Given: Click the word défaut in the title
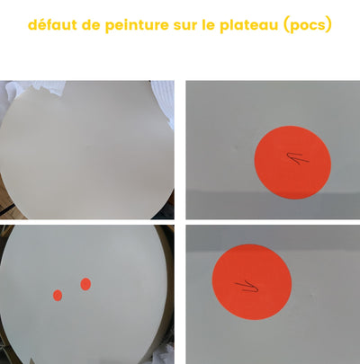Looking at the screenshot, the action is tap(52, 24).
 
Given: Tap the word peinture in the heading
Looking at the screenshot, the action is tap(137, 25).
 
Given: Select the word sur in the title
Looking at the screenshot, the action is tap(184, 26).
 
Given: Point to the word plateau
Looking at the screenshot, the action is tap(249, 25).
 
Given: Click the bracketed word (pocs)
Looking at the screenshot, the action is tap(308, 25).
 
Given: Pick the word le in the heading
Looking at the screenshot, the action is tap(208, 24).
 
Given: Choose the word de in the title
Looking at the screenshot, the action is tap(91, 24).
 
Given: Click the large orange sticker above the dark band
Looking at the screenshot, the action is tap(292, 163).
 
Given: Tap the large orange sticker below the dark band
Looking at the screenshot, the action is tap(252, 282).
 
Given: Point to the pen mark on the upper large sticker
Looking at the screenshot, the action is tap(298, 158).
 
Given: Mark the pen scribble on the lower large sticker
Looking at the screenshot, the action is tap(247, 286).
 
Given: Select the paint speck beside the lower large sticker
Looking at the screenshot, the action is tap(313, 296).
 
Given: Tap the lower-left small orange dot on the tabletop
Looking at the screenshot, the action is tap(58, 296).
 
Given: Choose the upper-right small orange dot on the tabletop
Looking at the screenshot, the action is tap(85, 284).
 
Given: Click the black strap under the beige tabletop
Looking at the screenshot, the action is tap(6, 209).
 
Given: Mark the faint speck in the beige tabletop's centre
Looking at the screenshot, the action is tap(87, 146).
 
